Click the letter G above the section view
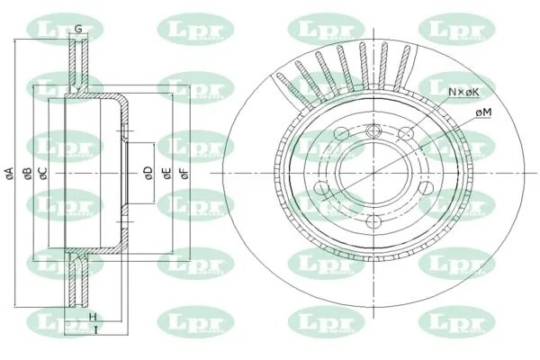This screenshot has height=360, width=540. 79,29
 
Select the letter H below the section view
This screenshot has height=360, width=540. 94,316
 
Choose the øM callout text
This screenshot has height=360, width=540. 482,111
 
